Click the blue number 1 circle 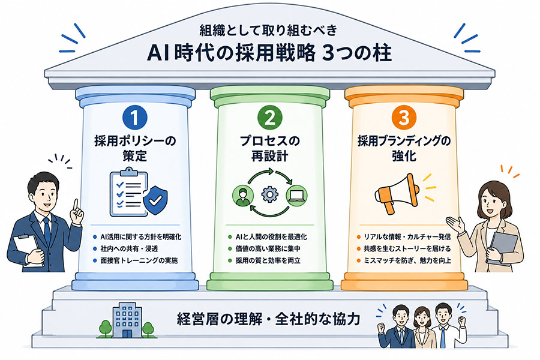click(134, 118)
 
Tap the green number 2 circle click(269, 118)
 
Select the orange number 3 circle click(404, 118)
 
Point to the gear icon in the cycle click(269, 194)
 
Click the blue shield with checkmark click(155, 200)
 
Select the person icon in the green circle click(243, 196)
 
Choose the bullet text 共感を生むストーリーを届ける click(407, 249)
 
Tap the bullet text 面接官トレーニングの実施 click(139, 260)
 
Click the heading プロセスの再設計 click(269, 148)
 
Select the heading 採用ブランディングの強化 click(404, 148)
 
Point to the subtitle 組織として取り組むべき click(268, 31)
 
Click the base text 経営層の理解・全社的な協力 click(268, 319)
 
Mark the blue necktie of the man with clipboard click(47, 230)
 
